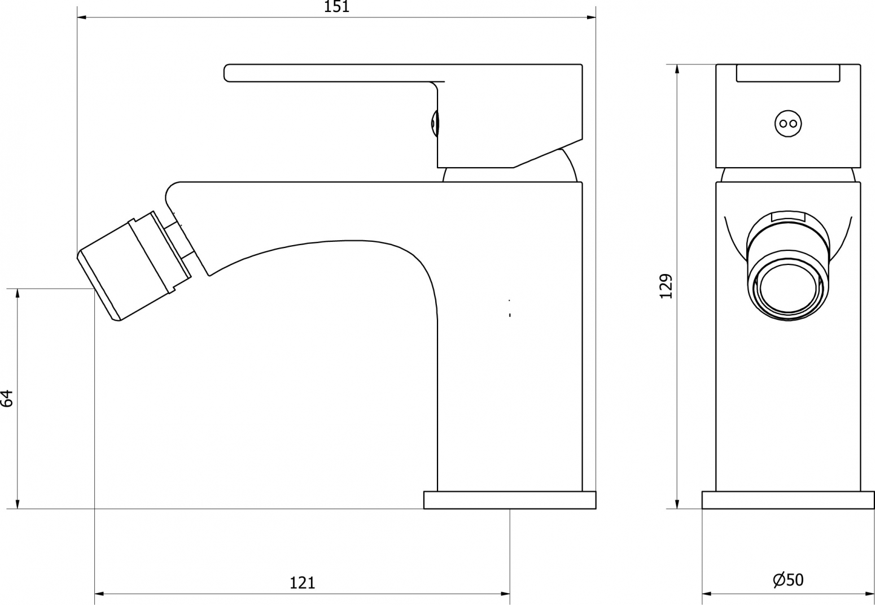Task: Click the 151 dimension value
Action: (336, 7)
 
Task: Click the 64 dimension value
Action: (7, 398)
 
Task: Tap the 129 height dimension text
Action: (666, 286)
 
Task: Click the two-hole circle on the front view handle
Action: (788, 124)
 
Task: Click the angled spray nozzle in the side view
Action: (134, 266)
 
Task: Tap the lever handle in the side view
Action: (403, 116)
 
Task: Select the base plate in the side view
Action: (510, 500)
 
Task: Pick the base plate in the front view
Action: (788, 500)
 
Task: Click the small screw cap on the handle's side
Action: (434, 124)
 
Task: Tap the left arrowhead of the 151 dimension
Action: (82, 17)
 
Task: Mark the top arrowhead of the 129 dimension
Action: (677, 69)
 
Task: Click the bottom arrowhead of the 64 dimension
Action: (17, 504)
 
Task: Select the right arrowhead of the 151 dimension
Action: (592, 17)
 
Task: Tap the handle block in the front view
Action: (788, 116)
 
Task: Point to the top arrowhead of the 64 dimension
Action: (17, 294)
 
